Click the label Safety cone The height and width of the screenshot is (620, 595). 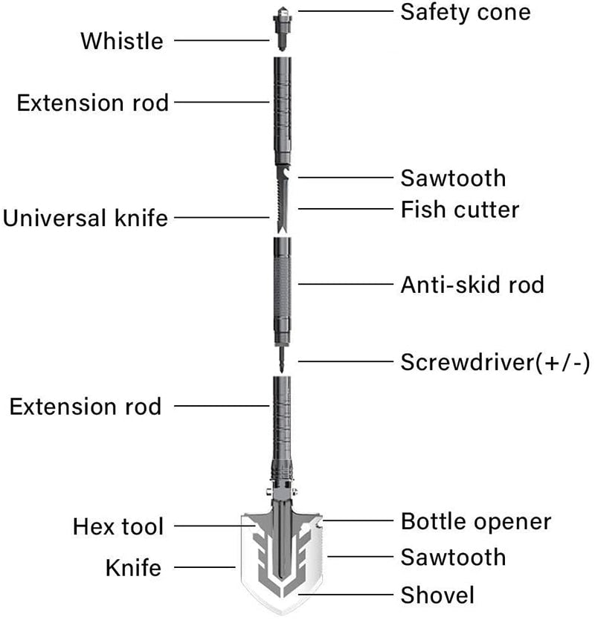tap(466, 12)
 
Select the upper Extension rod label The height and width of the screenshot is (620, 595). tap(93, 103)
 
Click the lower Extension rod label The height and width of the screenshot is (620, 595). tap(86, 406)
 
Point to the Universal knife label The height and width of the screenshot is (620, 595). tap(86, 219)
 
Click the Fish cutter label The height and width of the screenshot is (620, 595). tap(460, 210)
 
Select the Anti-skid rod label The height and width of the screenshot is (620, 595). tap(472, 284)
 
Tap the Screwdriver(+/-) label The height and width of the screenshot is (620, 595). tap(495, 363)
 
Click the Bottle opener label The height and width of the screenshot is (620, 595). tap(476, 521)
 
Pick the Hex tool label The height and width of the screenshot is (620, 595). tap(118, 527)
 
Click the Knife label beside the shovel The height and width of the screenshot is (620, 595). tap(133, 568)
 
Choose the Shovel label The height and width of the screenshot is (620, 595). tap(437, 594)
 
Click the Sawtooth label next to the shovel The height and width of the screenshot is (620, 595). tap(453, 557)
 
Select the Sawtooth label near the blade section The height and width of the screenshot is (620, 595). tap(453, 178)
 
